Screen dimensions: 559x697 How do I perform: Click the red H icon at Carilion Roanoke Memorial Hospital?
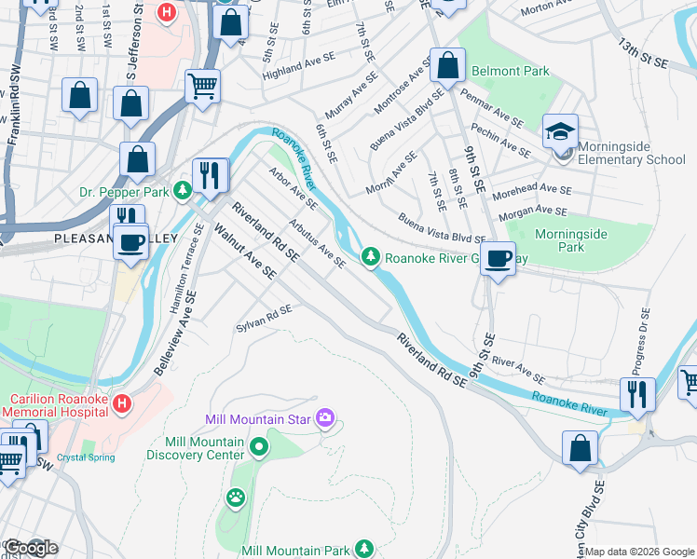click(x=122, y=404)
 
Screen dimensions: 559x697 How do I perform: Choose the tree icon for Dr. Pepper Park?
click(x=184, y=191)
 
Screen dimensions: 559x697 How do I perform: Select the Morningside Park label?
click(x=571, y=240)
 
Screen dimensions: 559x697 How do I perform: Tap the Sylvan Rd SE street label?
click(x=265, y=317)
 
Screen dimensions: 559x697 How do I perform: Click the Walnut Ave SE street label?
click(x=245, y=252)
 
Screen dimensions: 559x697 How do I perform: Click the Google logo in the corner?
click(x=30, y=548)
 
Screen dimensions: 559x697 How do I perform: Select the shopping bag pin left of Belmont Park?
click(x=447, y=66)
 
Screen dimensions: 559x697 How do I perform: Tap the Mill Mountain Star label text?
click(x=258, y=420)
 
